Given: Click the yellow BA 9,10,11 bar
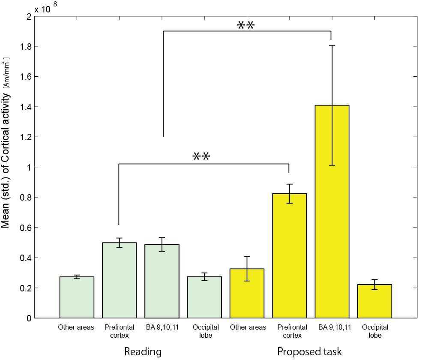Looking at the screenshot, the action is click(332, 212).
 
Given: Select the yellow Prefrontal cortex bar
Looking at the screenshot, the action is click(289, 256).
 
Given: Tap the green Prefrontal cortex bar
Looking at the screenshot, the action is click(119, 280).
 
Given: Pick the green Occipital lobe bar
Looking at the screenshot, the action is click(204, 297).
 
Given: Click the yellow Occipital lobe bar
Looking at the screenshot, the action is click(374, 301).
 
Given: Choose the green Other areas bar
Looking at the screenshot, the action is click(77, 297).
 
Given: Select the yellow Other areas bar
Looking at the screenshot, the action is click(247, 294).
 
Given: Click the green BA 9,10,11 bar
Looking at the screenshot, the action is click(162, 281).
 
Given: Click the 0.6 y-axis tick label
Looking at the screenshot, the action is click(26, 228).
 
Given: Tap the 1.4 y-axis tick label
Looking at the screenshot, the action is click(26, 107).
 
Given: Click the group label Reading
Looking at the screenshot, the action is click(143, 352).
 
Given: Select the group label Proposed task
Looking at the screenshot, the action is click(309, 352).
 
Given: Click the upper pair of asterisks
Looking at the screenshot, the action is click(245, 25).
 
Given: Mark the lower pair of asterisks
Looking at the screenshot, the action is click(201, 156).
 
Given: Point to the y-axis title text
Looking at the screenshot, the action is click(6, 143).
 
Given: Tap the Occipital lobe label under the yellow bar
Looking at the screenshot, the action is click(375, 331).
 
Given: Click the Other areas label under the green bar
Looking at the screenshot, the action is click(76, 327).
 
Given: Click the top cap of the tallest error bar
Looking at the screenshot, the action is click(332, 45).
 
